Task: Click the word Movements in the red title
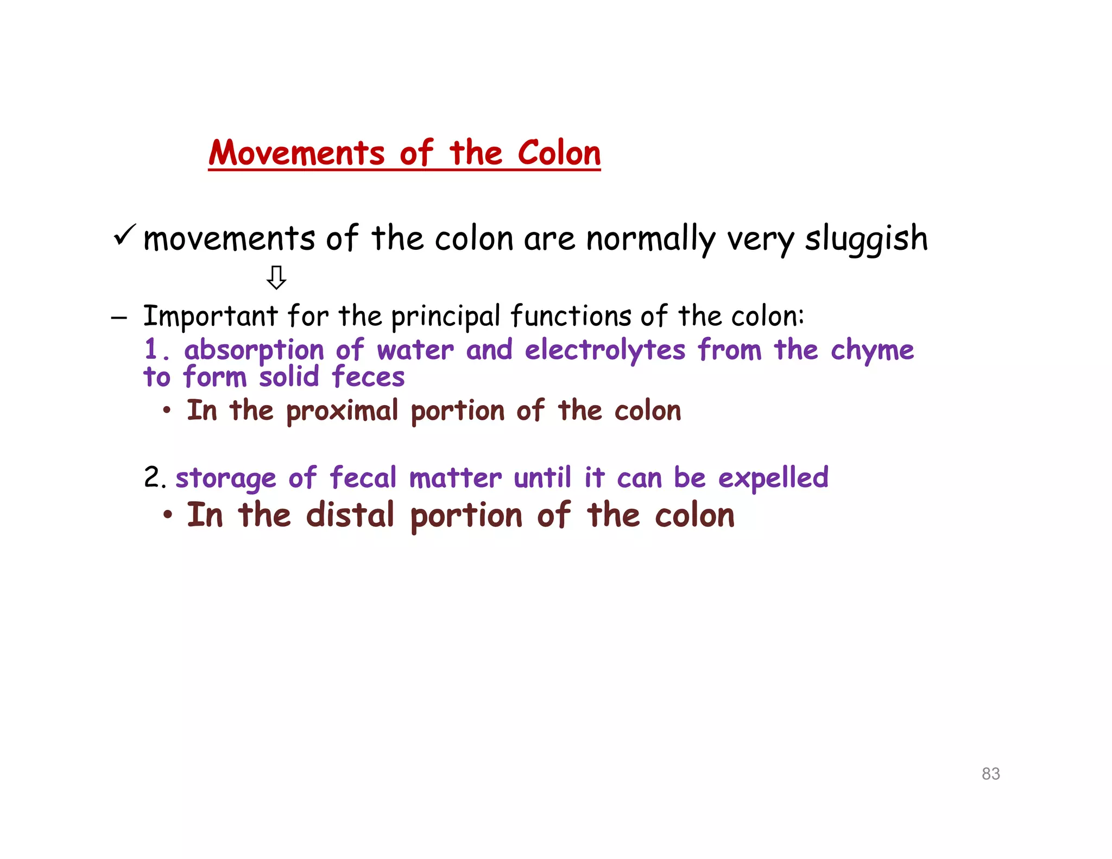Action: [x=296, y=153]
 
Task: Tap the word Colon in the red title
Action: [x=559, y=153]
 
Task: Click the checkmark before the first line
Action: [x=124, y=235]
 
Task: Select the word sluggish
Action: [x=866, y=239]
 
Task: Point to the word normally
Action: [x=651, y=239]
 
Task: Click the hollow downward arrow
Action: [x=276, y=277]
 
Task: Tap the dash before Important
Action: [x=119, y=318]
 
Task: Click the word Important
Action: [x=210, y=316]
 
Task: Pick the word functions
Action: [x=571, y=316]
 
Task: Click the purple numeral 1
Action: [x=151, y=349]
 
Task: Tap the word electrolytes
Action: [x=605, y=350]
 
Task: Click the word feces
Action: [x=368, y=377]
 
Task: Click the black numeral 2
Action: [x=152, y=478]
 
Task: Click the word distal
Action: [x=350, y=515]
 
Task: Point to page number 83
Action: [x=990, y=774]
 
